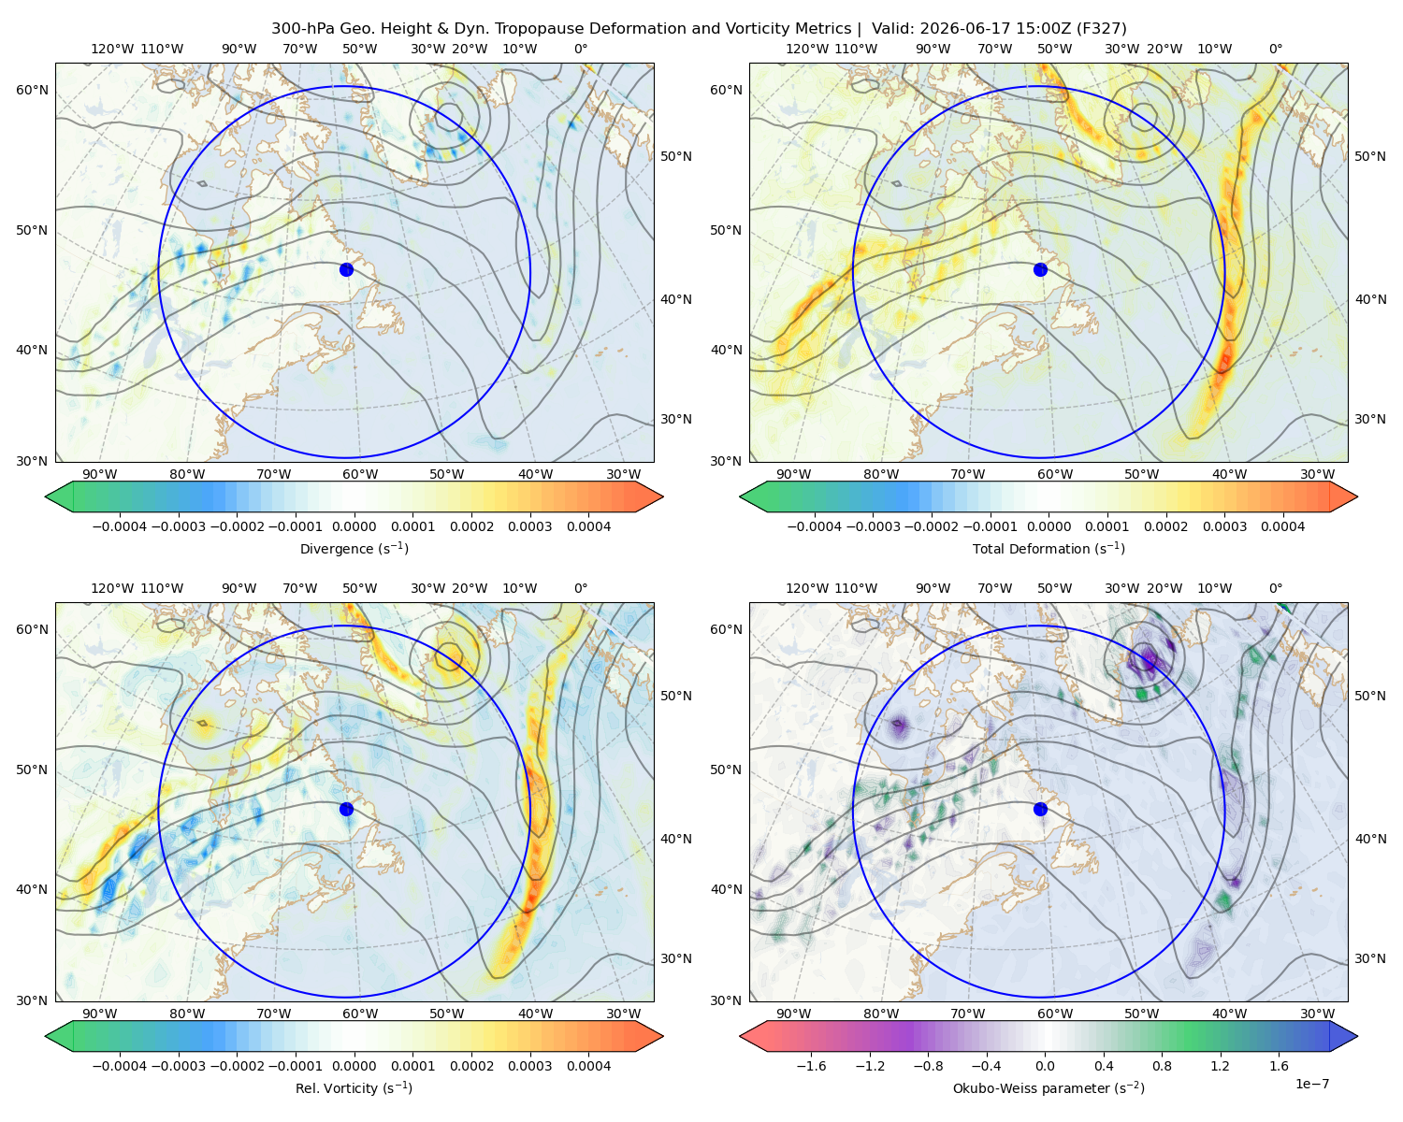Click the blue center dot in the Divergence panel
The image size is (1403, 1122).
[x=346, y=269]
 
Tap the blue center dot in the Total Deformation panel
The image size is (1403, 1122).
[x=1040, y=269]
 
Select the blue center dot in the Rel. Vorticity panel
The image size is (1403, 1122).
[x=346, y=809]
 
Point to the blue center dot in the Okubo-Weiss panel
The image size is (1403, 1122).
[x=1040, y=809]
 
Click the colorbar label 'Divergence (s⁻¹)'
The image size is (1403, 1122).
[x=354, y=548]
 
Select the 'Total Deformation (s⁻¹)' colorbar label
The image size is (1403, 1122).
[x=1049, y=548]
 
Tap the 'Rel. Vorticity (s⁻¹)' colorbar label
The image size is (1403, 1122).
[x=354, y=1087]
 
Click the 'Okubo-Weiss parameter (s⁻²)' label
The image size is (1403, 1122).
[x=1049, y=1087]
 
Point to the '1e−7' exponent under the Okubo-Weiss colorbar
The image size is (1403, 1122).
[x=1311, y=1084]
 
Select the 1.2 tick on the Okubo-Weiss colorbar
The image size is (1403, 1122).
[x=1220, y=1065]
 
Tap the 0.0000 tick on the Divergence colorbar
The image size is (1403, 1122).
[x=354, y=526]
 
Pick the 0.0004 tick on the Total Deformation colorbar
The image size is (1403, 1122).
[x=1282, y=526]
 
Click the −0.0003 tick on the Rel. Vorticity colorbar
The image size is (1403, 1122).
[x=178, y=1065]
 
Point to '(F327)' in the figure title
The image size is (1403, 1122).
[x=1102, y=29]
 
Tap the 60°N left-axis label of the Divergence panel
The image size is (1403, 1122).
[x=32, y=90]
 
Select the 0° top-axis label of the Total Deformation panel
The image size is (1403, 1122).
[x=1275, y=49]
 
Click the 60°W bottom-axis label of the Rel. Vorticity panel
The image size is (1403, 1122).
[x=360, y=1014]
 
